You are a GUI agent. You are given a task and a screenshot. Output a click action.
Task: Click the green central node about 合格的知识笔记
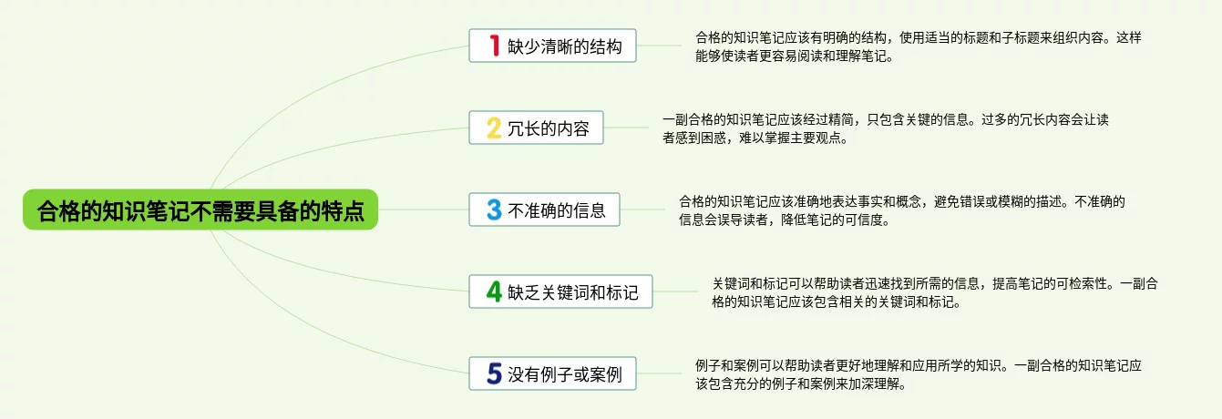[200, 209]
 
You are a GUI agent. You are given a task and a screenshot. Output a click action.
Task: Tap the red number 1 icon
[494, 46]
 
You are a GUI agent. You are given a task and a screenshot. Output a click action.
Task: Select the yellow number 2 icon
[494, 128]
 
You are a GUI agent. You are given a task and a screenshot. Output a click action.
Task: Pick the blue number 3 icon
[494, 209]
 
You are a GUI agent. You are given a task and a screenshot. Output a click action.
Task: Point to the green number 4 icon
[494, 291]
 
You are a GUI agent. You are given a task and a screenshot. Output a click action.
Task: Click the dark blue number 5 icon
[494, 373]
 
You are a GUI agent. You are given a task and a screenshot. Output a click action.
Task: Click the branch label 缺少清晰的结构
[565, 46]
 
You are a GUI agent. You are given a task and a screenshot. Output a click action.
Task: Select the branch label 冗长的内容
[549, 128]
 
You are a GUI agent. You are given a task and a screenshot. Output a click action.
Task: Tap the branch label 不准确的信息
[557, 210]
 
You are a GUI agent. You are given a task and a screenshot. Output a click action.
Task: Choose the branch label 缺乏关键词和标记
[573, 292]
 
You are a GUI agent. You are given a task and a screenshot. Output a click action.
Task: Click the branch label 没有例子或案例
[565, 374]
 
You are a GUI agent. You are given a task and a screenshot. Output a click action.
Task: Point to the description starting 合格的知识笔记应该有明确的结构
[919, 46]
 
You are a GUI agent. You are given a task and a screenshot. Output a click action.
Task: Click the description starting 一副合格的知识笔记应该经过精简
[886, 128]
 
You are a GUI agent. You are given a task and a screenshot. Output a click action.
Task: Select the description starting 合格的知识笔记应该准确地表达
[902, 210]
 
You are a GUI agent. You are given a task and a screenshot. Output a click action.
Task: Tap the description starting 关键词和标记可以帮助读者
[935, 292]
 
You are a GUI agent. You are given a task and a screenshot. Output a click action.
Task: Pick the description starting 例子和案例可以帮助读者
[919, 374]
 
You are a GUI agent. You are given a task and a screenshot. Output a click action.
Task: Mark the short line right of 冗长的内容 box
[626, 128]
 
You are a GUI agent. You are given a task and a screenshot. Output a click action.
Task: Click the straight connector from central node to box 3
[424, 209]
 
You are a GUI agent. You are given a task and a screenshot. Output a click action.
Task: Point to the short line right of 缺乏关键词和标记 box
[675, 291]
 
